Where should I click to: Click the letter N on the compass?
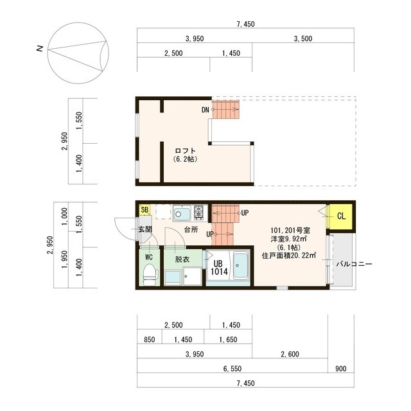click(40, 49)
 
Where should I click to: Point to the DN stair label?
click(205, 110)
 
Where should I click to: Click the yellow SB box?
click(144, 209)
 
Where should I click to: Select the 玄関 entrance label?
click(144, 229)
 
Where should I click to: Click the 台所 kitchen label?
click(190, 229)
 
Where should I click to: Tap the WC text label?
click(149, 258)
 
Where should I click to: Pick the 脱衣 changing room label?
click(182, 259)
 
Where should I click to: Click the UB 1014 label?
click(217, 267)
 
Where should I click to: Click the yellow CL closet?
click(341, 216)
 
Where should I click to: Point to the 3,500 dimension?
click(302, 39)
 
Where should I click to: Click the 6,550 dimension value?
click(232, 369)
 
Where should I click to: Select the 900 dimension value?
click(340, 369)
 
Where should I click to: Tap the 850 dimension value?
click(149, 340)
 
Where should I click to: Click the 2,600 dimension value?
click(289, 354)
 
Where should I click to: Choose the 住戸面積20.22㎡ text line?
click(289, 256)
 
